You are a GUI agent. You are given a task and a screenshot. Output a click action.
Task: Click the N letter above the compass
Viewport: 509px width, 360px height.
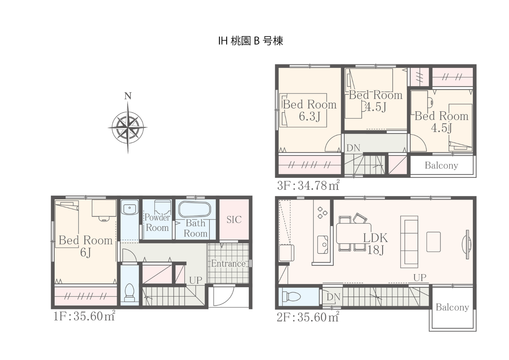pos(128,96)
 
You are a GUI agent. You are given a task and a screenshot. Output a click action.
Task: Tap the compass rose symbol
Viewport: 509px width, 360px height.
pos(128,128)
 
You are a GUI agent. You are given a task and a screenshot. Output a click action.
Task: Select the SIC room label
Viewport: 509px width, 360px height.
pos(234,220)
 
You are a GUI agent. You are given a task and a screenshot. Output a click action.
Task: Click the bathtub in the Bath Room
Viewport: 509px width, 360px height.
pos(195,209)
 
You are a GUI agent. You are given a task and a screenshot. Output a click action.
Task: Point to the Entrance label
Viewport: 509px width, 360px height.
pos(228,263)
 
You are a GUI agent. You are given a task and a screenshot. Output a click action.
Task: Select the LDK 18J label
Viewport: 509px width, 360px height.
pos(375,244)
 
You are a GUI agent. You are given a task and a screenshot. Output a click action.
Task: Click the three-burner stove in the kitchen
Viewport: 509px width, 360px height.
pos(322,213)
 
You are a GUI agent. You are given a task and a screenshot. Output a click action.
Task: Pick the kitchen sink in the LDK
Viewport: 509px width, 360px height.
pos(323,245)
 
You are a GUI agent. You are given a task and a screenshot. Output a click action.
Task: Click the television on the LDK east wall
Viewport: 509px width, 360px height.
pos(467,245)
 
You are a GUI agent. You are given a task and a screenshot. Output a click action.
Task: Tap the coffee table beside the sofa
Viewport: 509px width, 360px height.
pos(434,242)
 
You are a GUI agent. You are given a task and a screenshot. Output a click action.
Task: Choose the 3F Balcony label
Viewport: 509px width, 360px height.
pos(441,166)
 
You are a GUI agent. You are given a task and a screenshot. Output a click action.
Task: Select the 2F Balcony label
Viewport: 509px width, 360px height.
pos(452,307)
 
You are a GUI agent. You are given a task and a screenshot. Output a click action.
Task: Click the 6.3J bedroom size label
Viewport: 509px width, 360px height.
pos(309,116)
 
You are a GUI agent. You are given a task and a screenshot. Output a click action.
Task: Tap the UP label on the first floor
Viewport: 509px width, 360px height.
pos(196,281)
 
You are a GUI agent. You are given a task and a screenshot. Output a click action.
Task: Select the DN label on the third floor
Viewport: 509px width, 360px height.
pos(353,148)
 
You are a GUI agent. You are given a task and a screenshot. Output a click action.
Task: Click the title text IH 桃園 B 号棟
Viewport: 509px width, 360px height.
pos(251,41)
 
